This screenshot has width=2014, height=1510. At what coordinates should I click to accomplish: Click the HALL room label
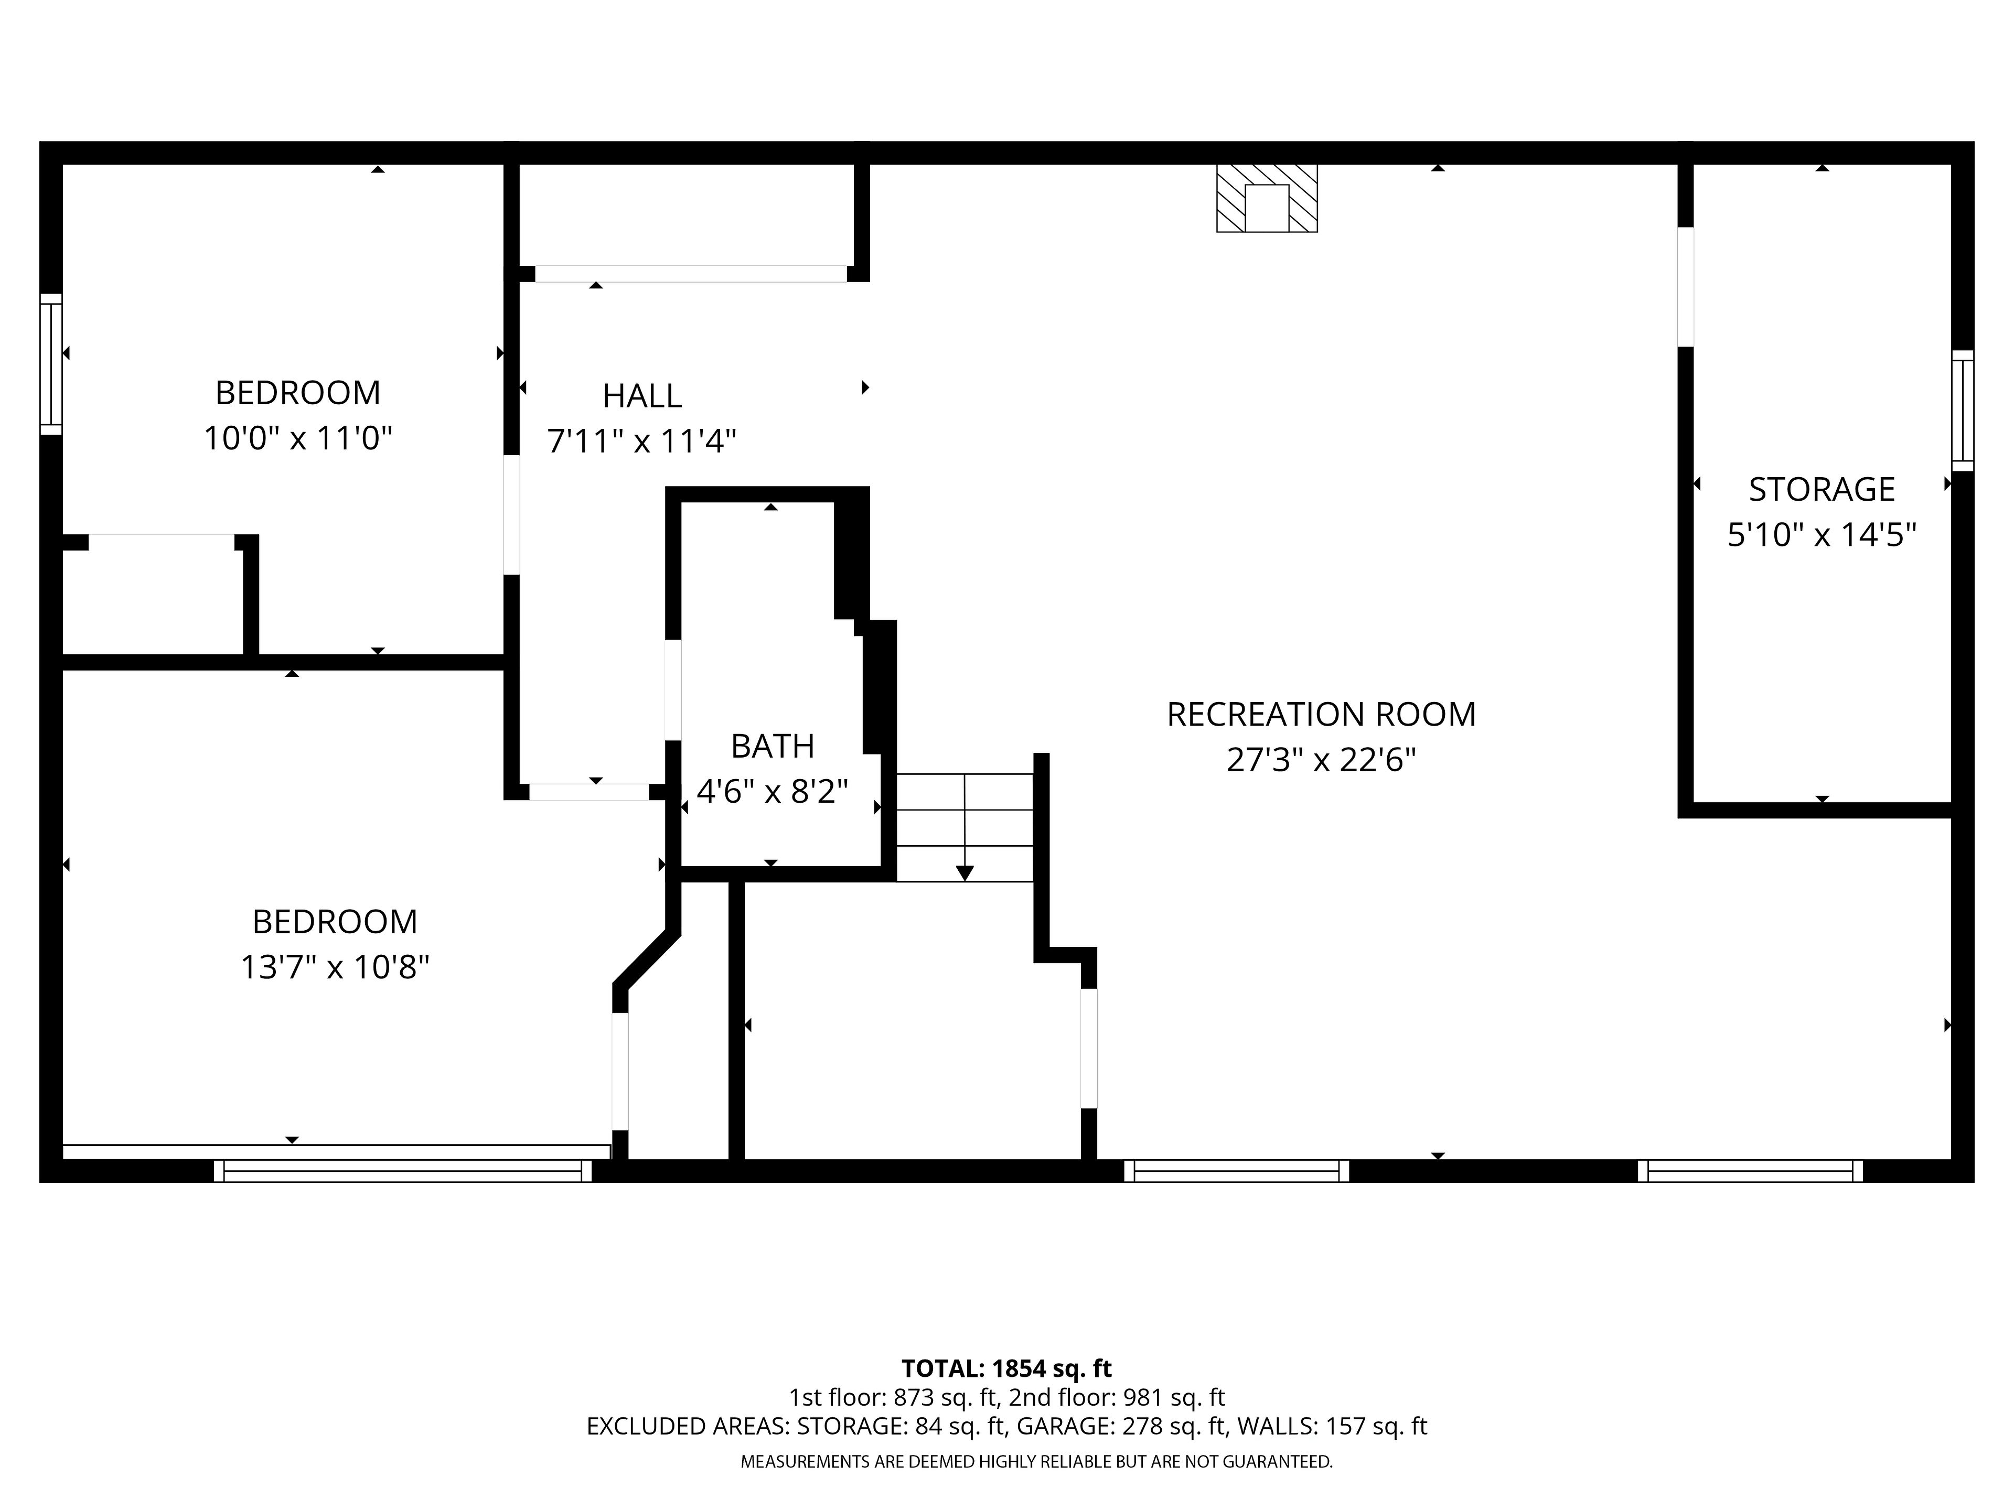click(x=642, y=396)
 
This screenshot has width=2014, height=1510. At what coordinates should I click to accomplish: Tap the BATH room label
click(x=772, y=747)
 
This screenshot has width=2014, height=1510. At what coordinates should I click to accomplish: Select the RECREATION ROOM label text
click(x=1321, y=715)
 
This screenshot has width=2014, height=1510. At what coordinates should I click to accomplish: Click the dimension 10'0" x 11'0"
click(x=298, y=439)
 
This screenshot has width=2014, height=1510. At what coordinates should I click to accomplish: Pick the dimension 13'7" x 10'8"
click(x=335, y=967)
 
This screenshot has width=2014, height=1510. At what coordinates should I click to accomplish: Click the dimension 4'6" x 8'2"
click(x=772, y=791)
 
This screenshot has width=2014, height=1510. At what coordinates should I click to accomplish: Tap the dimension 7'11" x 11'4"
click(x=642, y=441)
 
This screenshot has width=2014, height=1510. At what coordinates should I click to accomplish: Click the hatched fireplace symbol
click(x=1267, y=198)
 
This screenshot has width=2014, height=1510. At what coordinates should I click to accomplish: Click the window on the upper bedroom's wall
click(x=51, y=364)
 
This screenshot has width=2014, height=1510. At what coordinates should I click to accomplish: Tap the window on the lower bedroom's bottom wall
click(x=402, y=1170)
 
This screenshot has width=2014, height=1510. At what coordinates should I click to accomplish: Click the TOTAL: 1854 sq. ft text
click(x=1006, y=1368)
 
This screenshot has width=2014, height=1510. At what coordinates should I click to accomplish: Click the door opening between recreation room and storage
click(x=1685, y=287)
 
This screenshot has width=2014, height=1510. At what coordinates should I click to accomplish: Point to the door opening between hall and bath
click(x=673, y=690)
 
